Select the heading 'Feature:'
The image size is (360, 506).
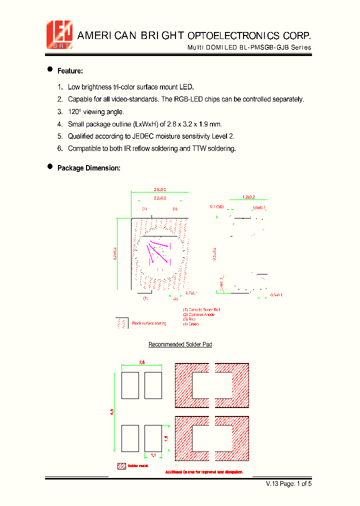(x=70, y=71)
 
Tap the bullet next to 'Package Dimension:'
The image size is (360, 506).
(x=50, y=167)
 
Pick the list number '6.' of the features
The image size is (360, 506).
(x=60, y=148)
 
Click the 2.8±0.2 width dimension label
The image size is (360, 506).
(x=159, y=189)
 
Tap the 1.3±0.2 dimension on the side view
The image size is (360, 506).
(x=249, y=197)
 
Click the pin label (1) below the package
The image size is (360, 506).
(x=145, y=298)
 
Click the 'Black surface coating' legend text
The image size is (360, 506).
(x=148, y=324)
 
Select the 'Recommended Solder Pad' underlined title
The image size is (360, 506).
(x=180, y=345)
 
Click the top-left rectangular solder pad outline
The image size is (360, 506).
(x=130, y=385)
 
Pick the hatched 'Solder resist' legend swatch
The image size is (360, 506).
(x=121, y=466)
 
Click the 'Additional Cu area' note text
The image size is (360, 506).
(x=204, y=472)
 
